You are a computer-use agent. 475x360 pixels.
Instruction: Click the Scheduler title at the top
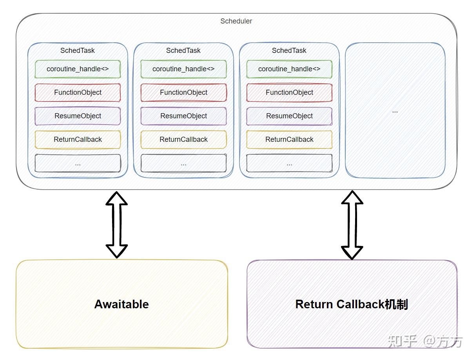(236, 21)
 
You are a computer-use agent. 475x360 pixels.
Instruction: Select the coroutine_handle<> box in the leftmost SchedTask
(78, 69)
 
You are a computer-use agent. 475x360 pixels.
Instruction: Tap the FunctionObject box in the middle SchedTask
(183, 92)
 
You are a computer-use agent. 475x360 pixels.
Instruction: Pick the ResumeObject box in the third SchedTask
(289, 116)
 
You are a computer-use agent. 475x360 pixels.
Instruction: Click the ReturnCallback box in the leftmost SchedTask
(78, 139)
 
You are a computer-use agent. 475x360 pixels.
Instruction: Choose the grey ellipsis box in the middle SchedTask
(183, 163)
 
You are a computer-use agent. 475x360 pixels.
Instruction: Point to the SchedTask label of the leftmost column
(78, 51)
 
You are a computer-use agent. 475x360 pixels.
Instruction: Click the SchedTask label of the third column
(289, 51)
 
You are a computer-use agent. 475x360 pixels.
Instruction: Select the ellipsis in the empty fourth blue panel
(395, 111)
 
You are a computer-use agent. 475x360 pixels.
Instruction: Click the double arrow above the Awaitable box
(117, 224)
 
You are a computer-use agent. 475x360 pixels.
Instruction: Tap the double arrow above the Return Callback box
(352, 225)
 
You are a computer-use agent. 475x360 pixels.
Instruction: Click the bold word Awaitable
(121, 304)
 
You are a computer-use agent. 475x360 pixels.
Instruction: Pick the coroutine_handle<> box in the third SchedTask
(289, 69)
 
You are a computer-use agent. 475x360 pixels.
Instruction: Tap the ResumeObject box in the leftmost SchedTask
(78, 116)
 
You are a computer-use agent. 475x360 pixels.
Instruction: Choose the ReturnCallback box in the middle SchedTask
(183, 139)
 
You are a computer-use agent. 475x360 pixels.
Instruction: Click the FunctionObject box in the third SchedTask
(289, 92)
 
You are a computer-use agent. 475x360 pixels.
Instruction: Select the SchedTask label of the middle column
(183, 51)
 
